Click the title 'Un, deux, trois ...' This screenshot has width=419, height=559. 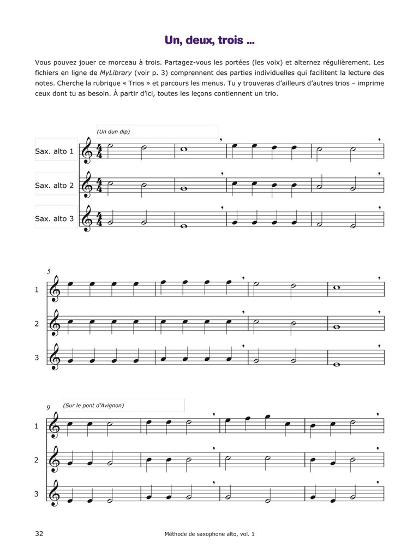point(209,40)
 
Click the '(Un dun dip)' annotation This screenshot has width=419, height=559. point(113,132)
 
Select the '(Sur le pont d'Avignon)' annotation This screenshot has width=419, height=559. point(93,405)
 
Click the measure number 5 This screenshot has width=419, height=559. point(49,271)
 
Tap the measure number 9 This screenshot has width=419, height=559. point(49,407)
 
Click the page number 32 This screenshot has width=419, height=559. point(39,533)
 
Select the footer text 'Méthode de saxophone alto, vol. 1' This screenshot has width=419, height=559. point(209,534)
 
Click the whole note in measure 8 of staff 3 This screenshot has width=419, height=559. point(337,364)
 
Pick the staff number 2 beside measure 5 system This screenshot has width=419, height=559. point(37,324)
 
